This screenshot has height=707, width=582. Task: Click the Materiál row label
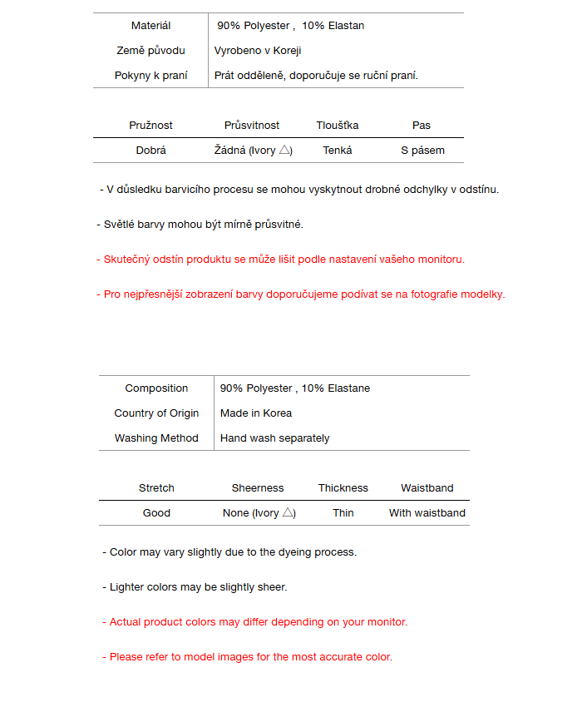150,26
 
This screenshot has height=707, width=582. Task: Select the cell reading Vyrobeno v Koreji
258,51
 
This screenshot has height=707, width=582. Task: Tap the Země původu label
150,51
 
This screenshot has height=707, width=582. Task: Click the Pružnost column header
150,126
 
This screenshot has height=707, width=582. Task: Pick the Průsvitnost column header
252,126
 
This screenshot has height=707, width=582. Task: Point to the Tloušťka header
338,126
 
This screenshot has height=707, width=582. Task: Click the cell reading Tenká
338,151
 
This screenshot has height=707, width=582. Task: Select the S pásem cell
422,151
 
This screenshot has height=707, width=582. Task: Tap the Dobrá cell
150,151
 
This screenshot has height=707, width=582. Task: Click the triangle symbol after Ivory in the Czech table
284,150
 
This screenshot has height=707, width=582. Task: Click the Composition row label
156,388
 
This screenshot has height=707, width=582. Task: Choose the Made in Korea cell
256,413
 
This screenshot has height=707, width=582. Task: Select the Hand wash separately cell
274,438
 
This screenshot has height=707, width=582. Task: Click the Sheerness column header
258,488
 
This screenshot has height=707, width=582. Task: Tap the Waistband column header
427,488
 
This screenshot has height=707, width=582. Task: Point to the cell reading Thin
343,513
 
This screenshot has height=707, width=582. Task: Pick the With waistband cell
427,513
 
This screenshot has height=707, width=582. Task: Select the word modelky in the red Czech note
484,294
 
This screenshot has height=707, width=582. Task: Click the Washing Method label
156,438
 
